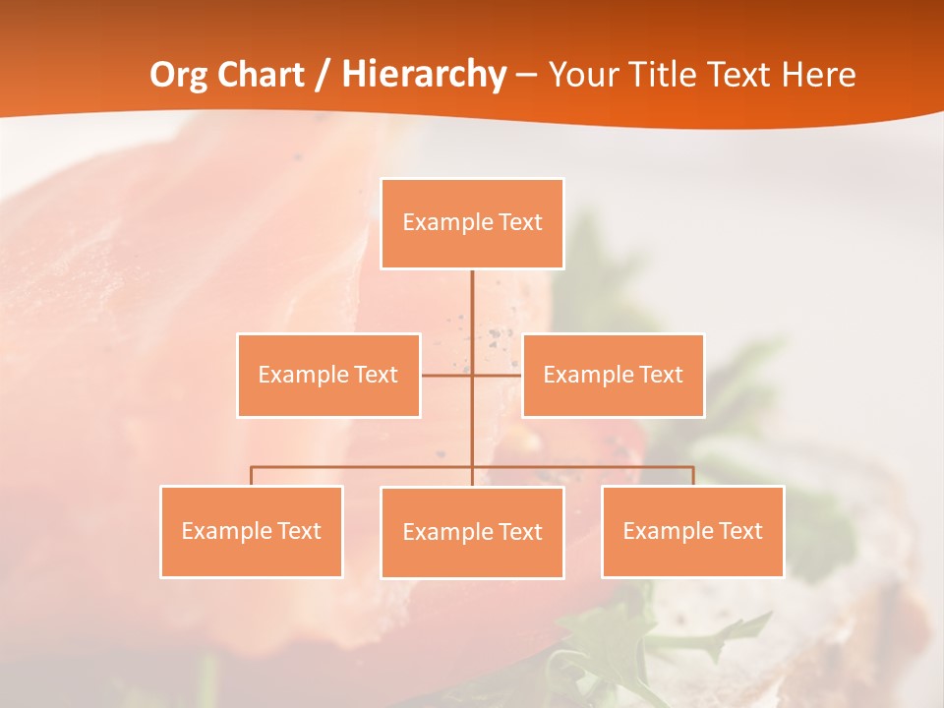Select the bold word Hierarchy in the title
424,75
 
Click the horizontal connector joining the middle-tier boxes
446,375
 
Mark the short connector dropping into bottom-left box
252,476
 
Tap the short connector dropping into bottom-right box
693,476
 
